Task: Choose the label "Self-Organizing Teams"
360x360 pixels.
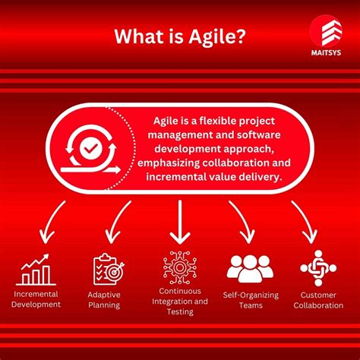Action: coord(250,299)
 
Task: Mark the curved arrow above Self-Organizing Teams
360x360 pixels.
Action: coord(242,222)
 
